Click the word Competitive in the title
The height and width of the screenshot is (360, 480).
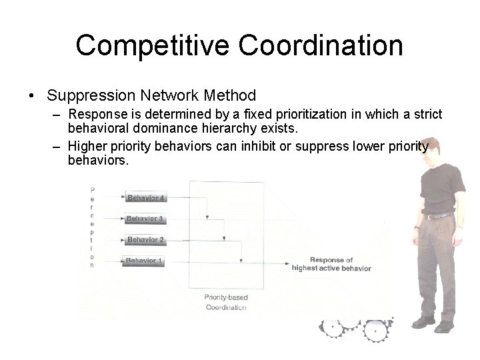[x=153, y=45]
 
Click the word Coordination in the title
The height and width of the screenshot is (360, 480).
[x=321, y=45]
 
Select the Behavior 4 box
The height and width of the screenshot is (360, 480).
[x=145, y=198]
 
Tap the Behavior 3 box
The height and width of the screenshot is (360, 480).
[x=145, y=219]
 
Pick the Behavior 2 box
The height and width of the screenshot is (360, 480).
[x=145, y=240]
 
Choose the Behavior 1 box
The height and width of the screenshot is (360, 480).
[x=145, y=261]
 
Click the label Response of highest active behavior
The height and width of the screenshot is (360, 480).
[x=331, y=264]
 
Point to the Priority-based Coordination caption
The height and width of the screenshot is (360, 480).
[x=225, y=302]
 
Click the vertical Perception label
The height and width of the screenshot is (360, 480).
[x=92, y=227]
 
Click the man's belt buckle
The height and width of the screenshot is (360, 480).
[x=439, y=216]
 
